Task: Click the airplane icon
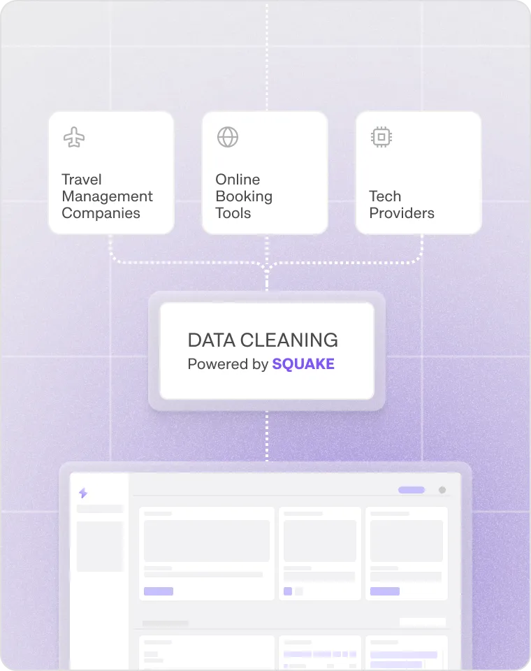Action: click(x=74, y=137)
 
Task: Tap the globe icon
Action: click(x=228, y=137)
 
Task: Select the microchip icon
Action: click(x=381, y=137)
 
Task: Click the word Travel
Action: click(x=82, y=180)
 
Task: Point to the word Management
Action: click(x=107, y=196)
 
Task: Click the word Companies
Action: click(x=101, y=213)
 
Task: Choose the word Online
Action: click(x=238, y=180)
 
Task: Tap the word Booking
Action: click(x=244, y=196)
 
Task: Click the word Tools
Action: click(x=233, y=213)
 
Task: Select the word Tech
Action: click(x=385, y=196)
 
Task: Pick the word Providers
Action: click(x=402, y=213)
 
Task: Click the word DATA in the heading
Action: click(x=210, y=340)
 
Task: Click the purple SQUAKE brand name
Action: click(x=303, y=364)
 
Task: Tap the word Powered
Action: click(x=218, y=364)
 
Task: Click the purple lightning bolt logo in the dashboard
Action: click(x=83, y=493)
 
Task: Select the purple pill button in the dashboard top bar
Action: click(x=412, y=490)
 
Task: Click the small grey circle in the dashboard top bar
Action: click(x=442, y=490)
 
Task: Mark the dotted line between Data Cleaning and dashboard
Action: click(x=266, y=436)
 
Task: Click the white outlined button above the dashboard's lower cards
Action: click(x=422, y=622)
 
